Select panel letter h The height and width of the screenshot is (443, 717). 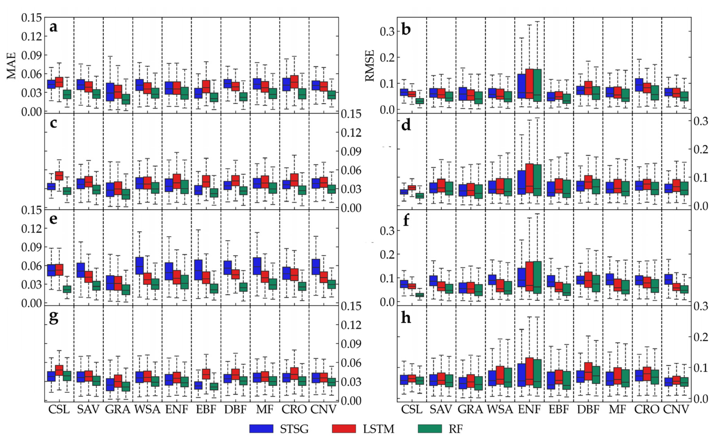pyautogui.click(x=406, y=318)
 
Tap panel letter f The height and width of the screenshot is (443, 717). pyautogui.click(x=406, y=221)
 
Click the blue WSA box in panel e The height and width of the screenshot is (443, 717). pyautogui.click(x=139, y=265)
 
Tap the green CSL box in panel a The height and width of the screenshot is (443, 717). pyautogui.click(x=67, y=94)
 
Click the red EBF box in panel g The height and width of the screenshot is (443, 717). pyautogui.click(x=206, y=374)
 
